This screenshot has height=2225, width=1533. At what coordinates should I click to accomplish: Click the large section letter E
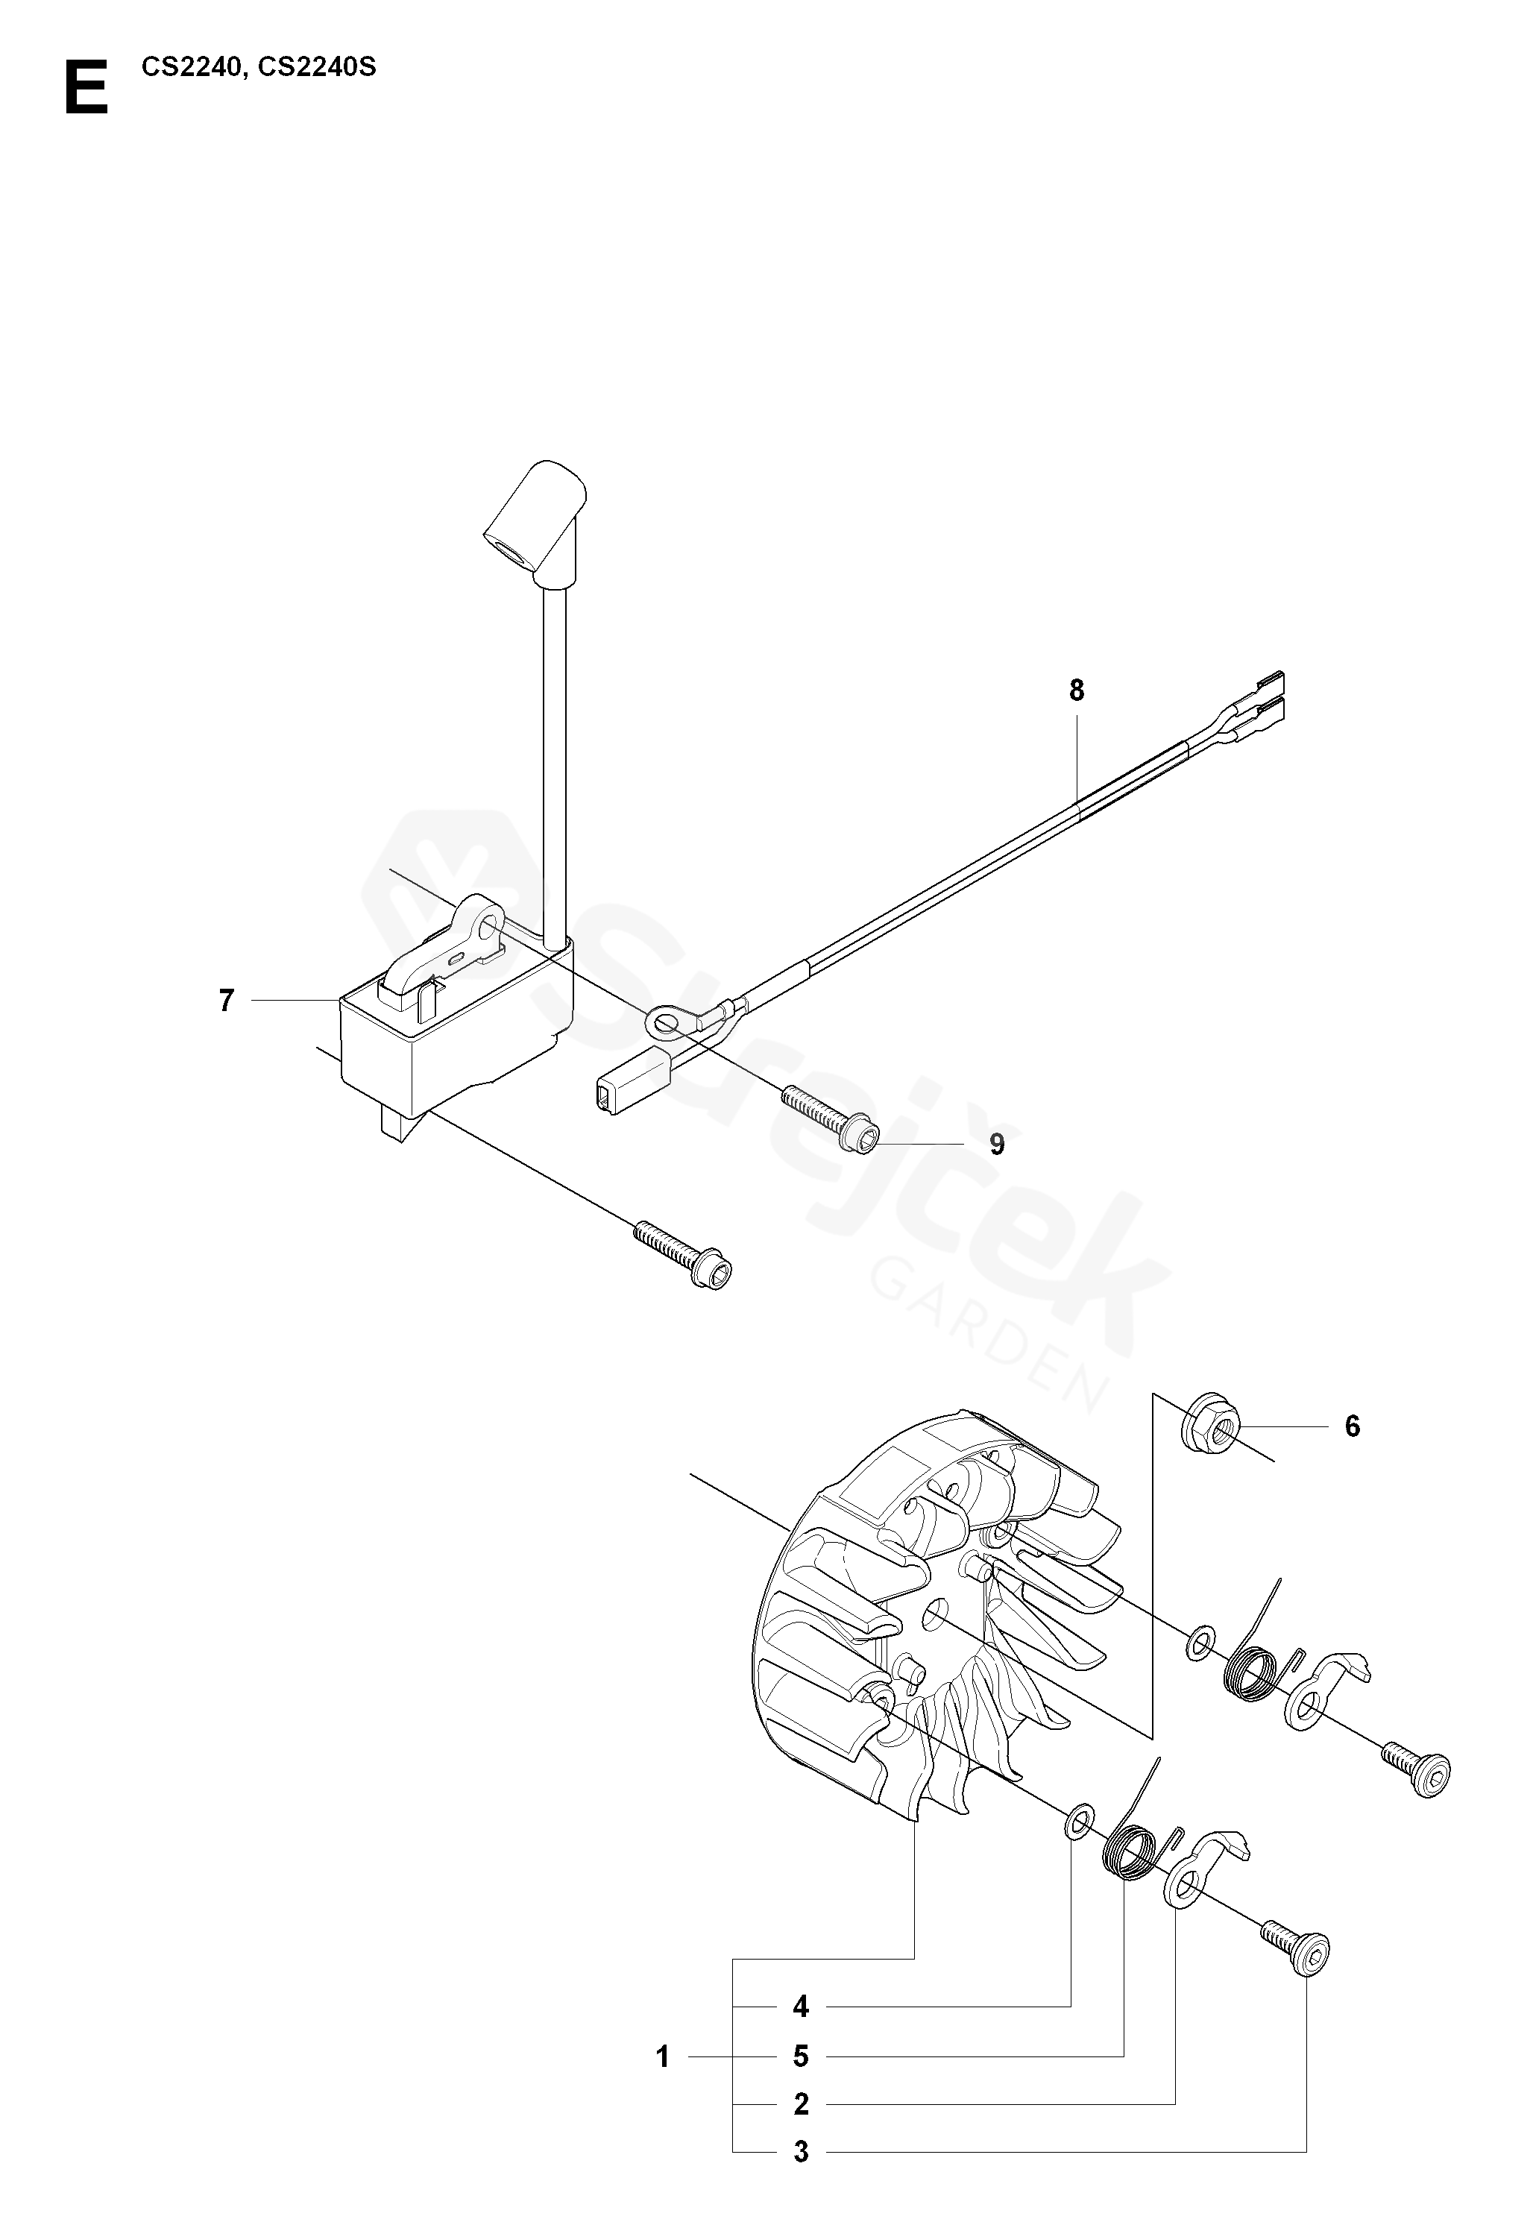(86, 88)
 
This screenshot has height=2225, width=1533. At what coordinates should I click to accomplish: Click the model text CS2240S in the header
(318, 68)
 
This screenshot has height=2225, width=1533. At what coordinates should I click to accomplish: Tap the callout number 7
(227, 1001)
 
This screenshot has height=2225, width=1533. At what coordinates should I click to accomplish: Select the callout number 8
(1077, 690)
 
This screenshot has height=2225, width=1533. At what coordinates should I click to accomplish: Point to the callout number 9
(997, 1145)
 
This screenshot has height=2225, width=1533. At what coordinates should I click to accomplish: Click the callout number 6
(1353, 1427)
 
